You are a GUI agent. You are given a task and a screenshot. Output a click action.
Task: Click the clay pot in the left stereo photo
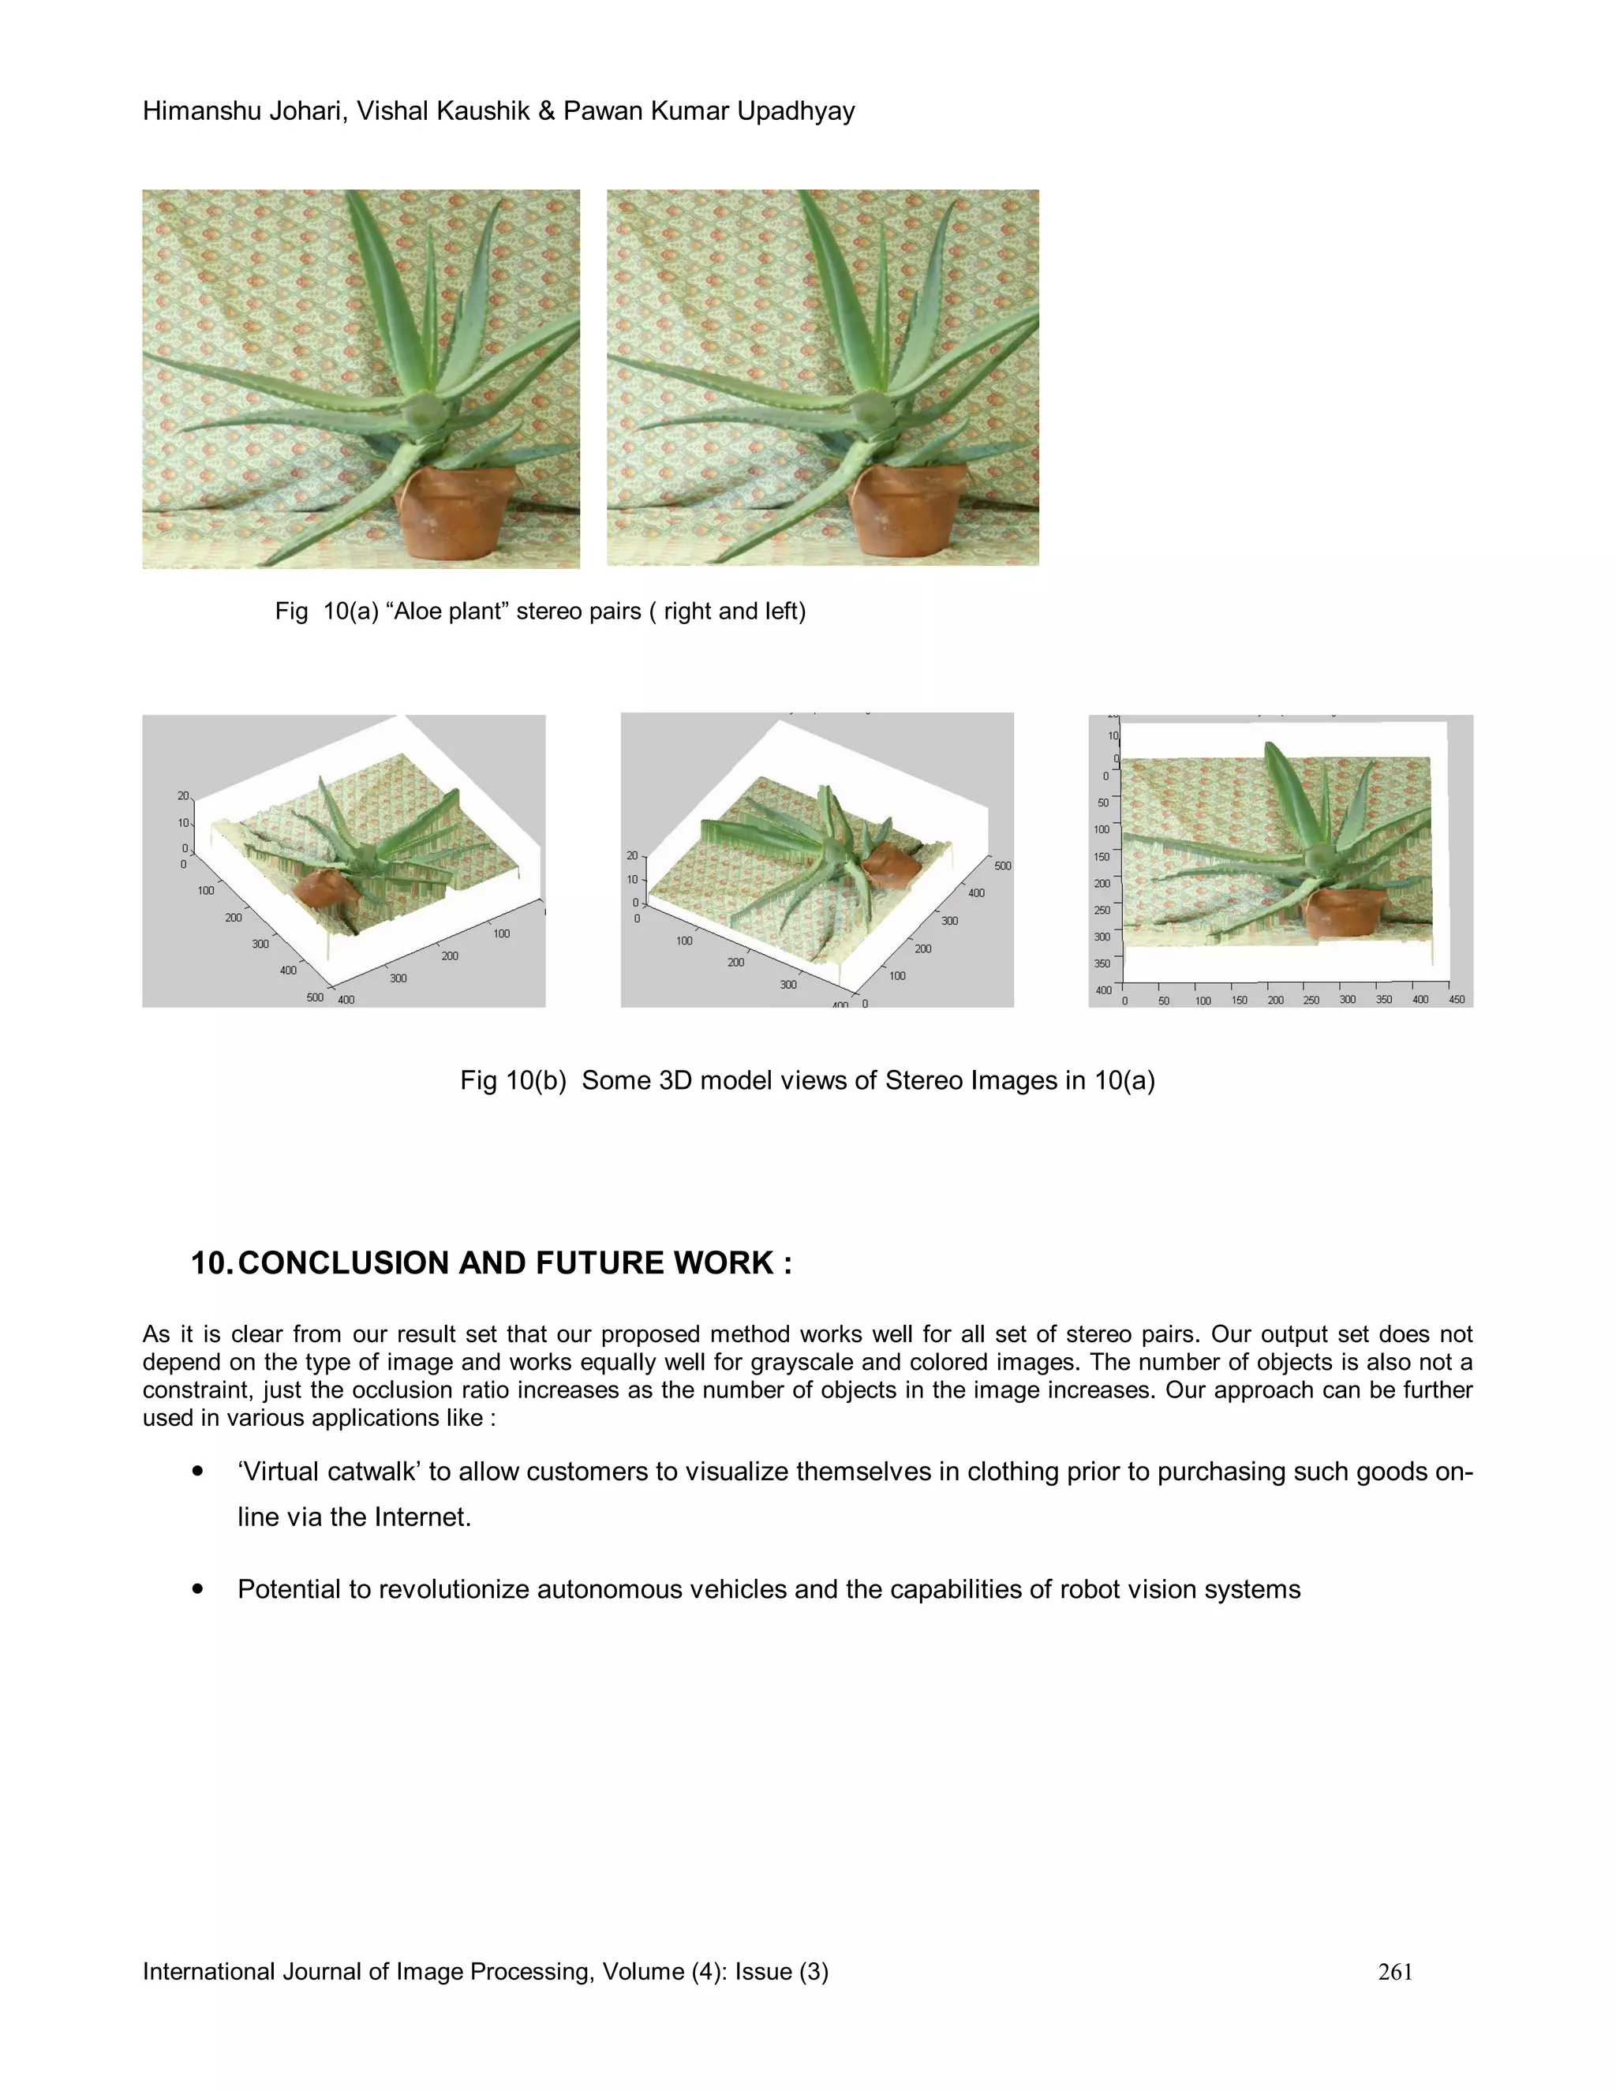pyautogui.click(x=450, y=512)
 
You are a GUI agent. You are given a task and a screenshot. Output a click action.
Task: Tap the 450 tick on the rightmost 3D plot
pyautogui.click(x=1456, y=1000)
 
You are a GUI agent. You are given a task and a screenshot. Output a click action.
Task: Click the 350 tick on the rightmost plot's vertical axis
pyautogui.click(x=1103, y=963)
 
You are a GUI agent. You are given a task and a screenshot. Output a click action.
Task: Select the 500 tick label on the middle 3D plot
pyautogui.click(x=1002, y=866)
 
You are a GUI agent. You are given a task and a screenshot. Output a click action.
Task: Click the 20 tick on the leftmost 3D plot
pyautogui.click(x=183, y=795)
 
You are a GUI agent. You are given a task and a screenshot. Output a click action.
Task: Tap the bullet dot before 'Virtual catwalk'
pyautogui.click(x=198, y=1472)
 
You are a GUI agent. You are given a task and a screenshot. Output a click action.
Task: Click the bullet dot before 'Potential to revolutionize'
pyautogui.click(x=198, y=1589)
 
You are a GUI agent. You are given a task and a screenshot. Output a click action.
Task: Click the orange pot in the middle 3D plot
pyautogui.click(x=890, y=866)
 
